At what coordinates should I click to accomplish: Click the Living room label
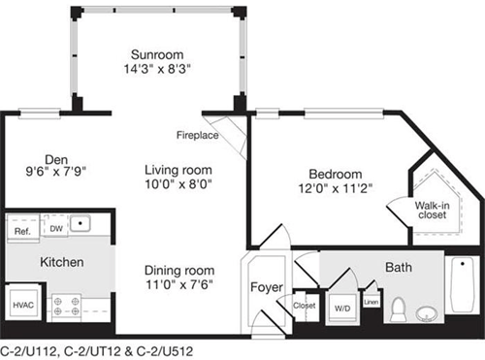click(178, 168)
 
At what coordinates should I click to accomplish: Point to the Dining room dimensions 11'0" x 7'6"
click(178, 285)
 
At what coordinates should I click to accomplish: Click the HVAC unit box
click(24, 305)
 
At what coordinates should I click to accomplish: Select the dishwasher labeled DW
click(56, 229)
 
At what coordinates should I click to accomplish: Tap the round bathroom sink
click(427, 312)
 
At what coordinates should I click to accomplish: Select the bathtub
click(460, 291)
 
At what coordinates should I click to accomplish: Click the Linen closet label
click(371, 302)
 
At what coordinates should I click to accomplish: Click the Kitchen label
click(61, 262)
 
